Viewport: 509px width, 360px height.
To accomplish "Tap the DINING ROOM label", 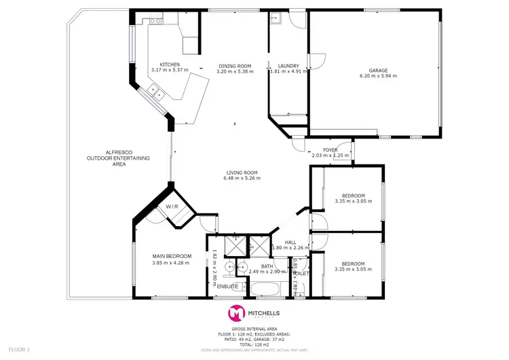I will pos(235,65).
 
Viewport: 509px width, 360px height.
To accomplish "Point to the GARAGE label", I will pos(378,70).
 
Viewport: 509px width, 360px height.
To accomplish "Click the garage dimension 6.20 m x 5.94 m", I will pos(378,76).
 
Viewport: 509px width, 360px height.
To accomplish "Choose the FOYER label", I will pos(330,149).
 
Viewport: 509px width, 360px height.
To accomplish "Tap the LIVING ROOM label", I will pos(244,173).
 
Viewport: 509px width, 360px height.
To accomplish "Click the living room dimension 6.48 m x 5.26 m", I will pos(244,179).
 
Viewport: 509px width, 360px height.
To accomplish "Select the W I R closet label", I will pos(172,206).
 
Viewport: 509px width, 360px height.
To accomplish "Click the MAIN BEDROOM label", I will pos(172,256).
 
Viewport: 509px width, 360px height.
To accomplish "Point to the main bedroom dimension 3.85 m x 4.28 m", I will pos(172,262).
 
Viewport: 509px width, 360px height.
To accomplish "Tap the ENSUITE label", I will pos(227,287).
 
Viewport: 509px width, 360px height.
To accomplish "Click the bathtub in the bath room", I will pos(267,291).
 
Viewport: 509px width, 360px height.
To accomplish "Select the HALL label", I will pos(290,241).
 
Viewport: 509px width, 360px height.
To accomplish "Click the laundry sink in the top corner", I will pos(276,18).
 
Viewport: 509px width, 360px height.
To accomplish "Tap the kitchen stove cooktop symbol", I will pos(155,21).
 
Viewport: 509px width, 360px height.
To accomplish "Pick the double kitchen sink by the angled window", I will pos(155,90).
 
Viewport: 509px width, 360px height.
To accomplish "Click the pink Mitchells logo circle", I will pos(237,313).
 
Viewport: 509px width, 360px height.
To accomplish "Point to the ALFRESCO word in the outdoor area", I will pos(99,152).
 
